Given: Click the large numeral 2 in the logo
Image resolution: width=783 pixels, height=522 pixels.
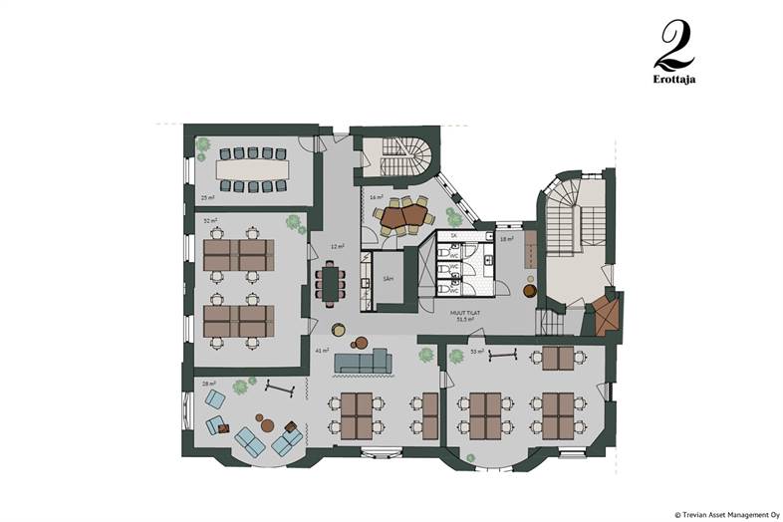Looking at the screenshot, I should pyautogui.click(x=674, y=45).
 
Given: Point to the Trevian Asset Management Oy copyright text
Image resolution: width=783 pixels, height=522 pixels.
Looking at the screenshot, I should pyautogui.click(x=727, y=515).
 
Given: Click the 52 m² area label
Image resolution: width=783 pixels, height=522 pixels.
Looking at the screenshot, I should pyautogui.click(x=210, y=220).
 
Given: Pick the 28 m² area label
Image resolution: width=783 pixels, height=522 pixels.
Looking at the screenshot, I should pyautogui.click(x=209, y=383).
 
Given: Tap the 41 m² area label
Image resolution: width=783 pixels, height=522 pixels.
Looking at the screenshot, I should pyautogui.click(x=322, y=352).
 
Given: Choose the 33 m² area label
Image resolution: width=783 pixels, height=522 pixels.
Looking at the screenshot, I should pyautogui.click(x=476, y=352).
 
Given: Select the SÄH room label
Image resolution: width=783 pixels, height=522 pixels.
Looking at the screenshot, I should pyautogui.click(x=385, y=281).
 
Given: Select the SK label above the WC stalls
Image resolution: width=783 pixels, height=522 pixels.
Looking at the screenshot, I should pyautogui.click(x=453, y=236).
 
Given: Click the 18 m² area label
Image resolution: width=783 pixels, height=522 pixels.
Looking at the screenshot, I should pyautogui.click(x=507, y=239).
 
